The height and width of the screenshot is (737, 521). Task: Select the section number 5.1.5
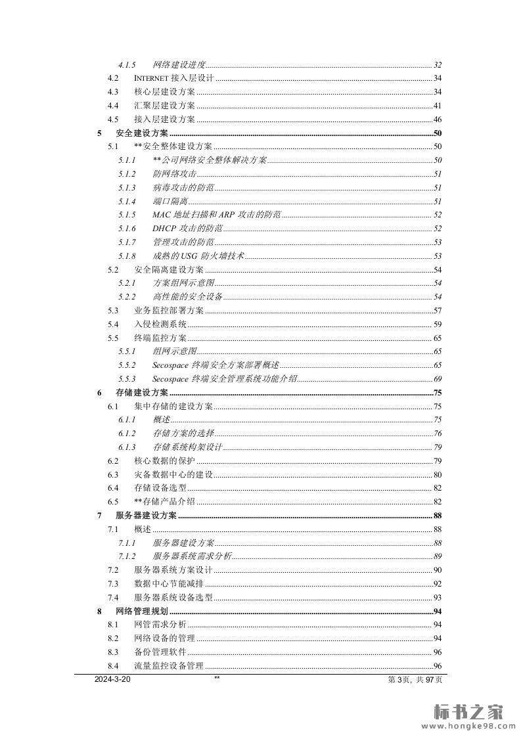click(x=127, y=215)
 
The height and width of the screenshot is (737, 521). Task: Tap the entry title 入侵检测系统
click(x=160, y=324)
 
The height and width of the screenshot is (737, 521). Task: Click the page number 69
click(x=438, y=379)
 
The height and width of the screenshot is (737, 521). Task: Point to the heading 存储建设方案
click(x=142, y=393)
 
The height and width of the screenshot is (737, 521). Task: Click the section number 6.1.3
click(x=127, y=447)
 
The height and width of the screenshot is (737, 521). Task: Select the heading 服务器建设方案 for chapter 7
click(x=147, y=516)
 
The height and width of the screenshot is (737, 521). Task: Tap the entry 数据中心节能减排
click(x=169, y=584)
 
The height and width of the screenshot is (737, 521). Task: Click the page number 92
click(x=438, y=584)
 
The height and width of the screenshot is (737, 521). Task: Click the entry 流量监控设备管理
click(x=169, y=666)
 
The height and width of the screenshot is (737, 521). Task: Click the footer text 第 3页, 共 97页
click(x=415, y=681)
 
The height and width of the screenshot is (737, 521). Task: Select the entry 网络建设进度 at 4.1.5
click(x=179, y=65)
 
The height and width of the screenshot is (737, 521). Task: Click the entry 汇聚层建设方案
click(x=164, y=106)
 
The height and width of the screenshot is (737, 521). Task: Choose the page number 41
click(x=438, y=106)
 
